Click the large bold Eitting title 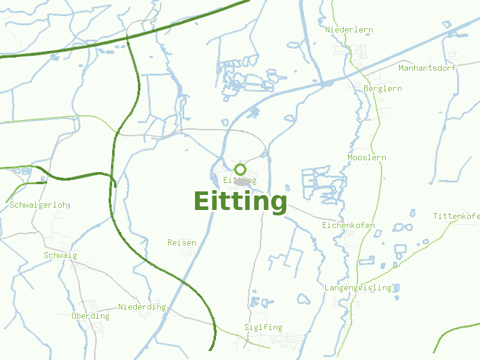(x=240, y=202)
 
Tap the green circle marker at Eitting (x=240, y=169)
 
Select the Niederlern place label (x=349, y=29)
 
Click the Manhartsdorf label (x=427, y=68)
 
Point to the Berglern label (x=383, y=88)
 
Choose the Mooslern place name (x=367, y=158)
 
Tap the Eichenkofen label (x=348, y=226)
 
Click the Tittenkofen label (x=456, y=216)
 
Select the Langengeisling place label (x=358, y=288)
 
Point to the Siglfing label (x=263, y=327)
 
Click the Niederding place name (x=142, y=307)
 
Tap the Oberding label (x=90, y=316)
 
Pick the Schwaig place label (x=60, y=255)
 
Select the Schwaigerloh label (x=38, y=205)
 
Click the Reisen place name (x=181, y=242)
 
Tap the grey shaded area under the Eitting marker (x=241, y=182)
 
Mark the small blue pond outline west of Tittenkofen (x=412, y=212)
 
